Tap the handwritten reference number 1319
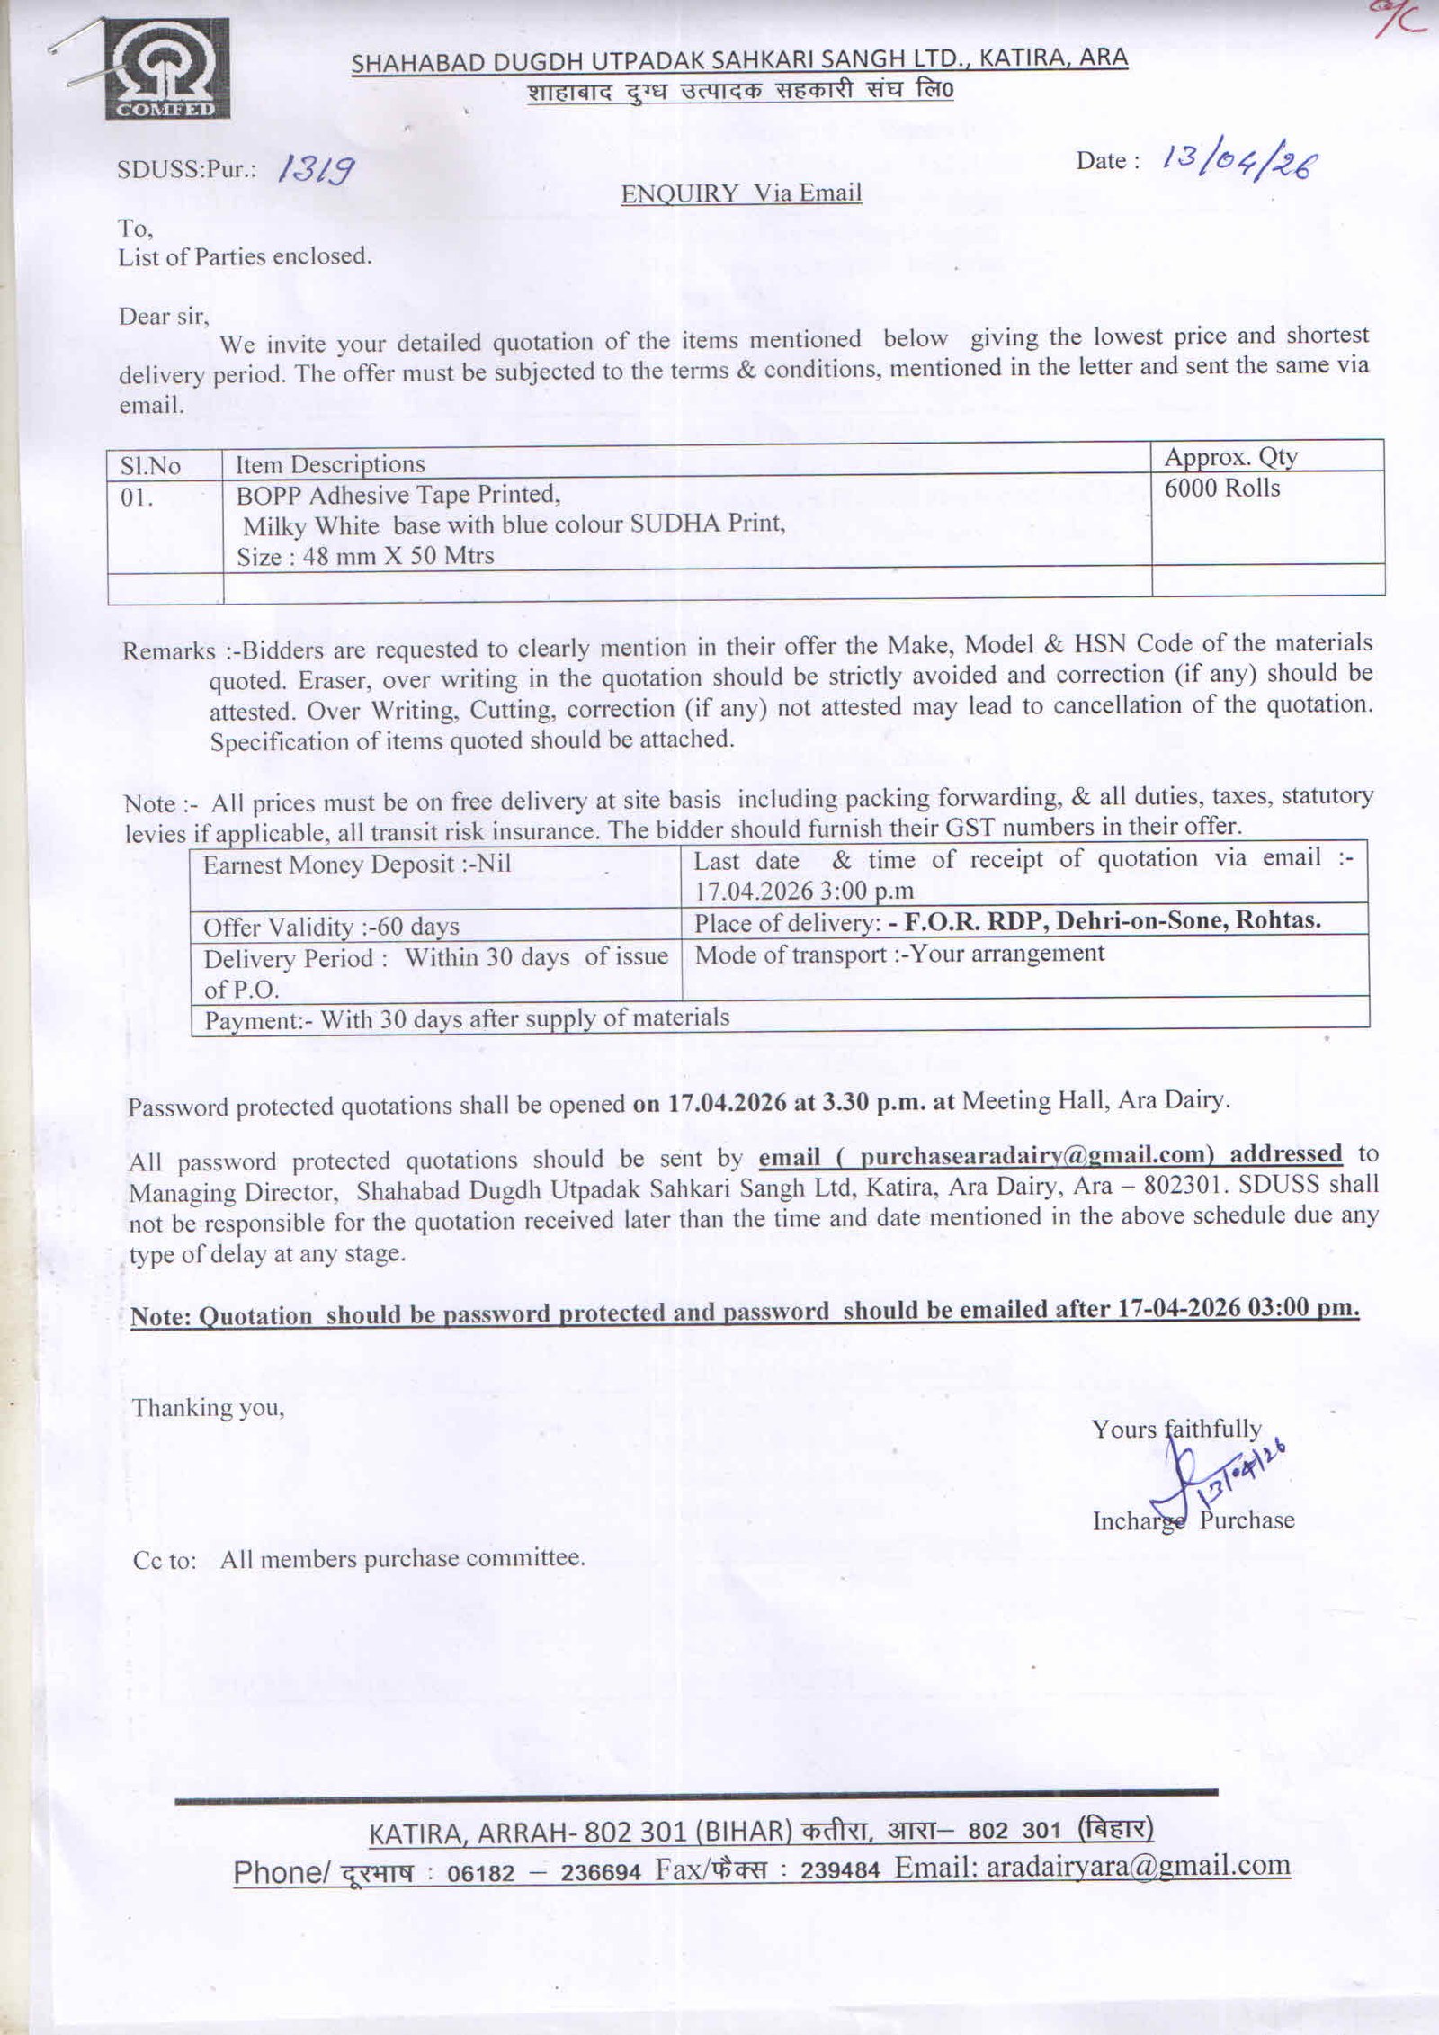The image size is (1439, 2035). point(315,167)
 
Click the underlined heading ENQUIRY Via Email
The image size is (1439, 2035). point(741,193)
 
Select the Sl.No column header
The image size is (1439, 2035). point(150,465)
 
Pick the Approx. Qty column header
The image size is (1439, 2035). point(1230,457)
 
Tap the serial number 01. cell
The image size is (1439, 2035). point(137,497)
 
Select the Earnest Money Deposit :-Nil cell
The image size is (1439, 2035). point(356,865)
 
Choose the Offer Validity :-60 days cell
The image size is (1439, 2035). point(331,927)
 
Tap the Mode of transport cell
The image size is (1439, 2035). point(899,954)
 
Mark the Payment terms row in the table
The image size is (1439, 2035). point(467,1018)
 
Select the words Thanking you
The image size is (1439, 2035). point(208,1407)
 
